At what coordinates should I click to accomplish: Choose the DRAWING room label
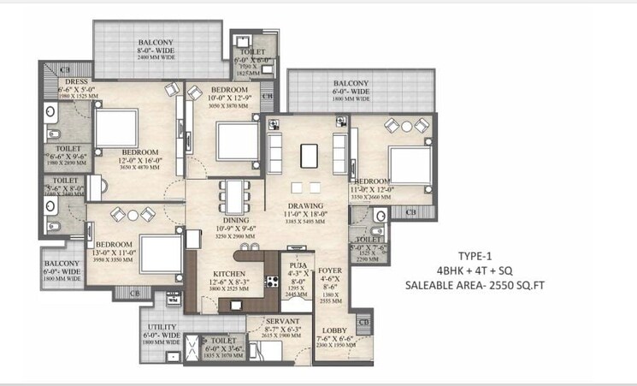coord(304,206)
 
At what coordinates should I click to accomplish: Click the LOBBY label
coord(333,330)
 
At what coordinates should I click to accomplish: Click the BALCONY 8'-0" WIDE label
coord(156,41)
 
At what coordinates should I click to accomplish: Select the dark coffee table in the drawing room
coord(309,155)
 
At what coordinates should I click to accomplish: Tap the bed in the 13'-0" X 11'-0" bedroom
coord(160,252)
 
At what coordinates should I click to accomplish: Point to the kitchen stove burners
coord(272,282)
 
